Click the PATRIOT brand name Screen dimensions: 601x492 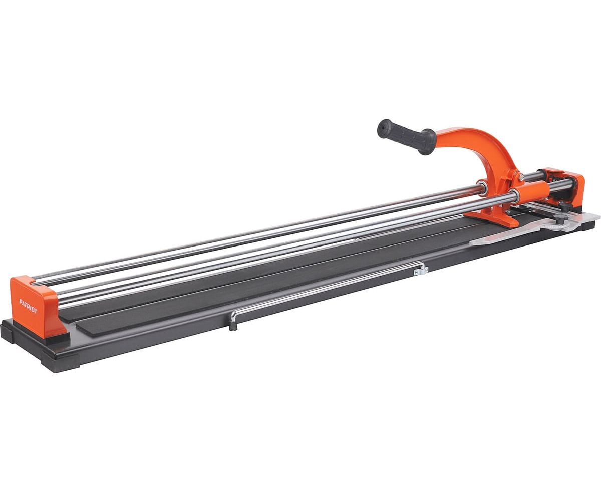28,306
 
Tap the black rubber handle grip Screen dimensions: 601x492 406,136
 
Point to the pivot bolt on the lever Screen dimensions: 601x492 521,177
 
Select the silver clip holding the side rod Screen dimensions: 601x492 421,270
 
